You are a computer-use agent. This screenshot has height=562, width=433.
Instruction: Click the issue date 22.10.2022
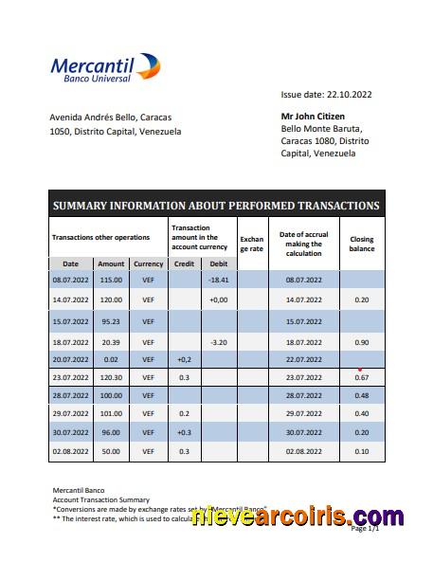tap(326, 95)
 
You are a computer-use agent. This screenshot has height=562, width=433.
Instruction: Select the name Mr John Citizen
tap(316, 116)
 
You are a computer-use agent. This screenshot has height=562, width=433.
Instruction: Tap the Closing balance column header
tap(362, 244)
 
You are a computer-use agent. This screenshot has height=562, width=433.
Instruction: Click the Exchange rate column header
tap(251, 244)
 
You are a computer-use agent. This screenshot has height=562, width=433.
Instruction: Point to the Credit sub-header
tap(185, 263)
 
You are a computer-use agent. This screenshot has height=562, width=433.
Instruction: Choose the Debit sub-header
tap(218, 263)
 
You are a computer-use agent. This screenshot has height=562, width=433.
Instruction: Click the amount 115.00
tap(111, 281)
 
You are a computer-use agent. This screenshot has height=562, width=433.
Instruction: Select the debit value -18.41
tap(219, 281)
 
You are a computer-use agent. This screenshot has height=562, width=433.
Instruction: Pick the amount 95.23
tap(111, 322)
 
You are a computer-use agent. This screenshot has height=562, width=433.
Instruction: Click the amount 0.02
tap(111, 360)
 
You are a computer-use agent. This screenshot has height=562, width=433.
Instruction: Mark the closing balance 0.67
tap(362, 379)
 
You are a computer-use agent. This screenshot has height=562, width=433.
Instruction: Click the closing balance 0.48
tap(362, 395)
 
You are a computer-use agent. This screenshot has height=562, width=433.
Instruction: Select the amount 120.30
tap(111, 378)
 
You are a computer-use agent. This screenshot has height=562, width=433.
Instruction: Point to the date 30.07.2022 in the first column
tap(70, 432)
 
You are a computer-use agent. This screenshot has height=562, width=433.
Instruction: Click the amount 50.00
tap(111, 451)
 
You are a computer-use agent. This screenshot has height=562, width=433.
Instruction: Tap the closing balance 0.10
tap(362, 451)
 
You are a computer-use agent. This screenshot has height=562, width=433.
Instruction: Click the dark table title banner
tap(216, 205)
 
